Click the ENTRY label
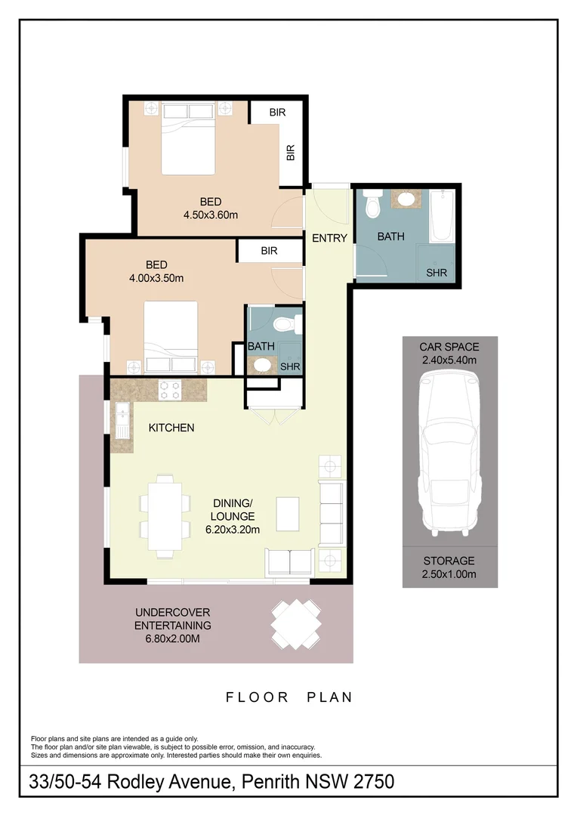(x=329, y=239)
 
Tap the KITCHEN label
(x=171, y=428)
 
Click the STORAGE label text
(x=449, y=561)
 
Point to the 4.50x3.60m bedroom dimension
(x=211, y=215)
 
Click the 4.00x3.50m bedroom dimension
(x=157, y=277)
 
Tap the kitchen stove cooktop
(x=169, y=390)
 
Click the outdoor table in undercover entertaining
(x=295, y=623)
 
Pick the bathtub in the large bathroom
(x=442, y=215)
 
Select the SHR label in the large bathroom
(x=437, y=273)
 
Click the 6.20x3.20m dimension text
(x=233, y=530)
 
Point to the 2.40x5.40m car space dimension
(x=449, y=360)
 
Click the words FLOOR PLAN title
(x=289, y=697)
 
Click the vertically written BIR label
(x=291, y=153)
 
